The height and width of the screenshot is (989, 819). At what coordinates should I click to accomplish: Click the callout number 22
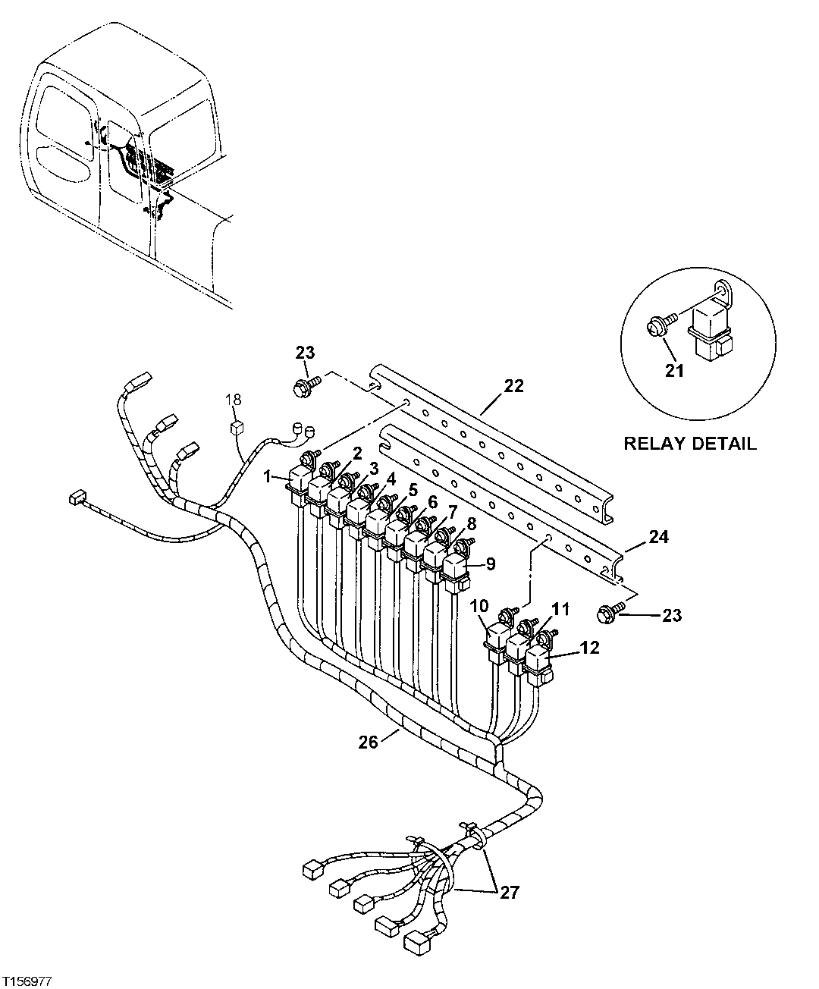pos(513,386)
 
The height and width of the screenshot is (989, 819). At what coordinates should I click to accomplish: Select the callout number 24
pos(658,537)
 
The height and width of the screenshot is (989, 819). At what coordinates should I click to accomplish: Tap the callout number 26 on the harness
pos(368,743)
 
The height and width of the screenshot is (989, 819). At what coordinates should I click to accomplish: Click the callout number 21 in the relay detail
pos(674,371)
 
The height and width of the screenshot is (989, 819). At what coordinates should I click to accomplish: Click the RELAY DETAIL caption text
pos(689,444)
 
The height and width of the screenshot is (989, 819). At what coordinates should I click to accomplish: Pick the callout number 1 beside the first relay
pos(267,476)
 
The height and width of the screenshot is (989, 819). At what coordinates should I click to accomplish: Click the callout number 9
pos(490,564)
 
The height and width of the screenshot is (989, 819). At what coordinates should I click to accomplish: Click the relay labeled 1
pos(298,485)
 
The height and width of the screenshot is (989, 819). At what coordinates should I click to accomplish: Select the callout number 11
pos(560,608)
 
